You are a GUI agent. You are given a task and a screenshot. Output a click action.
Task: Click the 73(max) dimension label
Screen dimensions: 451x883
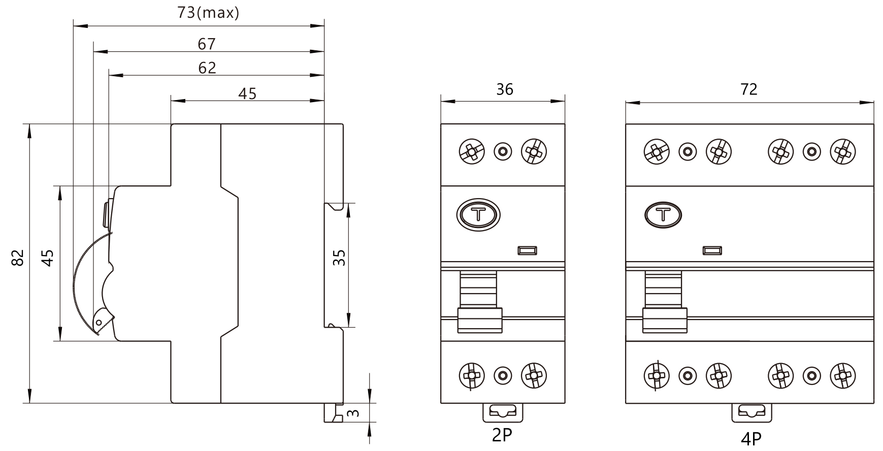click(x=208, y=13)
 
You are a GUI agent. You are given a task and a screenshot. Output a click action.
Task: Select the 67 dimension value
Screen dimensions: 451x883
click(x=207, y=44)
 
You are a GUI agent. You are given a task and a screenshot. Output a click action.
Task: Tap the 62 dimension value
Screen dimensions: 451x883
click(x=207, y=68)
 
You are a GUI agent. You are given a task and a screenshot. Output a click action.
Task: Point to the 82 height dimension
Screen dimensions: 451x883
click(x=18, y=258)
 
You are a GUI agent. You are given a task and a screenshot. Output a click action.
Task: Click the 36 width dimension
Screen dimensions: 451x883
click(x=504, y=89)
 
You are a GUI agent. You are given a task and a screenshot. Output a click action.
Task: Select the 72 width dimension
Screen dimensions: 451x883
click(x=748, y=89)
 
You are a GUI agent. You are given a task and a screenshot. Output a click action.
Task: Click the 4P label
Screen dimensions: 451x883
click(x=751, y=438)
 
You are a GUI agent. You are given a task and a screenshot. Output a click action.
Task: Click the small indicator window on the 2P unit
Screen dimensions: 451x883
click(x=528, y=250)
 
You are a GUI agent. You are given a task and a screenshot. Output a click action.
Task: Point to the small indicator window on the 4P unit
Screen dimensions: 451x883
click(x=712, y=250)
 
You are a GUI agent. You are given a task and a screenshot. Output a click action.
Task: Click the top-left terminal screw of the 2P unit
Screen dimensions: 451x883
click(x=471, y=151)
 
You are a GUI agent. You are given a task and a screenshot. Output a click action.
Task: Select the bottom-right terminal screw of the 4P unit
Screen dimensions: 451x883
click(x=842, y=376)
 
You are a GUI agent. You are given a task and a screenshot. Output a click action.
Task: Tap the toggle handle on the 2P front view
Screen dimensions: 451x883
click(x=480, y=319)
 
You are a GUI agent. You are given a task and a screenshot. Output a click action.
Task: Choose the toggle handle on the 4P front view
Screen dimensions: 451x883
click(x=665, y=319)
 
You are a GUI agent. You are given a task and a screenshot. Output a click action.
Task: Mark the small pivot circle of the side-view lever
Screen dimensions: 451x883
click(x=99, y=323)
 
